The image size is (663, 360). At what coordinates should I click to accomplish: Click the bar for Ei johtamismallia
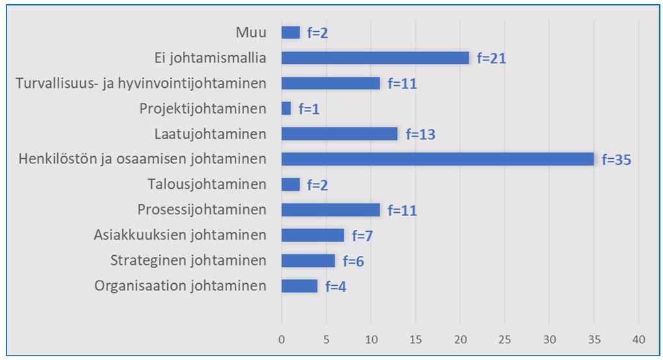point(375,58)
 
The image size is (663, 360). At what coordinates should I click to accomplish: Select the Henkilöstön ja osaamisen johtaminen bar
point(437,159)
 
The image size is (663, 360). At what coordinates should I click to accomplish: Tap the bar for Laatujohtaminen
point(339,134)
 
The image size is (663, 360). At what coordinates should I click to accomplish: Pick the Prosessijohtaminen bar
point(330,210)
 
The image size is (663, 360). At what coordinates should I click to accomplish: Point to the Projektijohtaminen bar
point(286,109)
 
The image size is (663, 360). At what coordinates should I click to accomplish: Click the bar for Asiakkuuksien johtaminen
point(312,235)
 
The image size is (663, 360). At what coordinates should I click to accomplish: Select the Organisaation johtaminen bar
point(299,286)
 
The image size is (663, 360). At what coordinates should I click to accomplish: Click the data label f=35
point(616,159)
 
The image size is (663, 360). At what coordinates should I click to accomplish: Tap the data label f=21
point(491,59)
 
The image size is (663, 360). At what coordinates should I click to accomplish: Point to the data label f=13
point(420,135)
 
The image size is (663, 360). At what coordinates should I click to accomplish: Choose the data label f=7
point(362,236)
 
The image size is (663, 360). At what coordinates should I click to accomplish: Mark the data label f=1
point(308,109)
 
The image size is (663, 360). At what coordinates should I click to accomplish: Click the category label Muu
point(251,33)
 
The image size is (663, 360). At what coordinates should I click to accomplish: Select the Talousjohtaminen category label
point(207,184)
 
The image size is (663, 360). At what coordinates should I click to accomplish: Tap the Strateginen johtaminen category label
point(188,260)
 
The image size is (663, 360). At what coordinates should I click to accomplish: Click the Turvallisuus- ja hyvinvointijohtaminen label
point(141,83)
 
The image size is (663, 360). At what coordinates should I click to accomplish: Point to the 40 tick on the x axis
point(638,339)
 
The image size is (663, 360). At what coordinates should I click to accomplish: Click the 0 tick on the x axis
point(282,339)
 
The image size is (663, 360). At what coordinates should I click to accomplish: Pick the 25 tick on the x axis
point(504,339)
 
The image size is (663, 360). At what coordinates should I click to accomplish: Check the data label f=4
point(335,286)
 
